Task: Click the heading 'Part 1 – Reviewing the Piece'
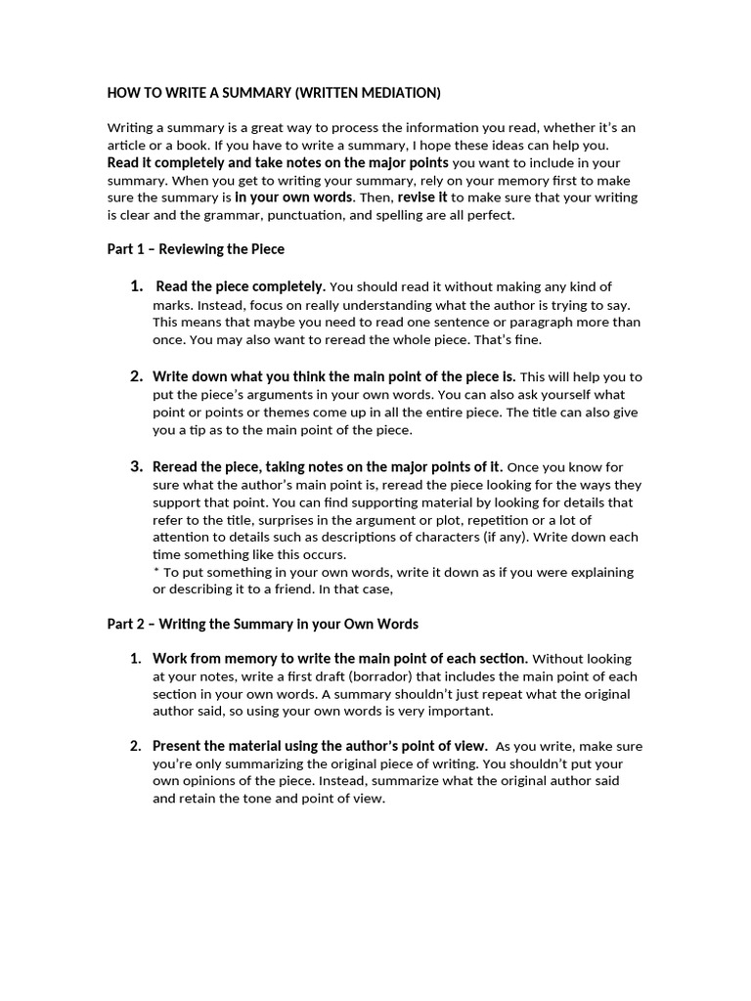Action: coord(196,249)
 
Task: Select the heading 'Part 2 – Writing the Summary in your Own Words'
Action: coord(262,624)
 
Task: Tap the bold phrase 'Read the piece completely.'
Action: coord(241,286)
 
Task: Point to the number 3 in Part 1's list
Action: coord(137,466)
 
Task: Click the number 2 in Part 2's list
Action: coord(137,747)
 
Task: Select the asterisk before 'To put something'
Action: coord(156,572)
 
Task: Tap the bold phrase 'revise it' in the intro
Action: coord(422,197)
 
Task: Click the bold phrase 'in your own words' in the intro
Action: coord(293,197)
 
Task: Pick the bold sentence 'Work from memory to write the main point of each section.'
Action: coord(340,659)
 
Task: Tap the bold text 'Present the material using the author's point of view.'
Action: coord(320,747)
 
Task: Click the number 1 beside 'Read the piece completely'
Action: coord(137,286)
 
